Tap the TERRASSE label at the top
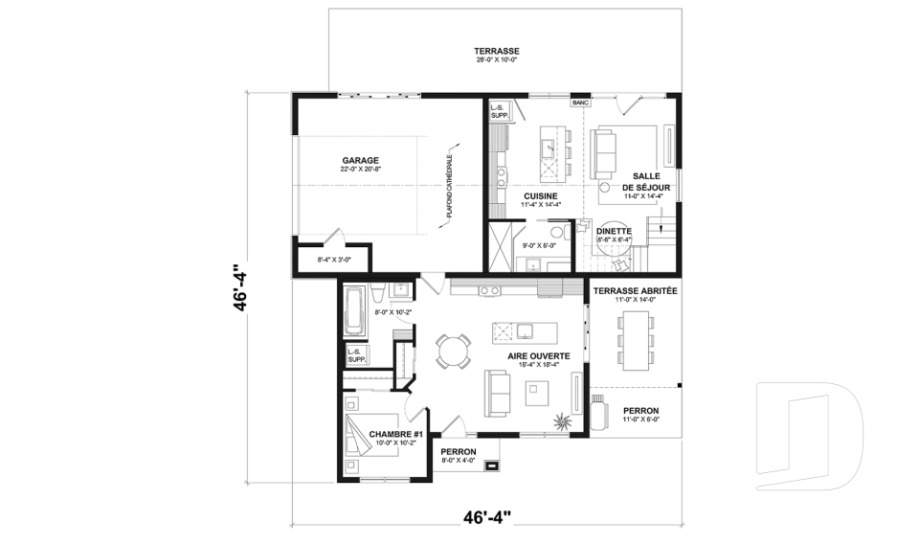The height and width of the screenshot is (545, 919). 496,50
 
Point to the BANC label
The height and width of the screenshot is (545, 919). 579,102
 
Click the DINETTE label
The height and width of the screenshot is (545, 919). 614,231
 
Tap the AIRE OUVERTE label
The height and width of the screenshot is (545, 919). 538,355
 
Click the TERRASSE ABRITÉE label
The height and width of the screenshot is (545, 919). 635,290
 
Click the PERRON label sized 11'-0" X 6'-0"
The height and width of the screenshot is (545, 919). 640,410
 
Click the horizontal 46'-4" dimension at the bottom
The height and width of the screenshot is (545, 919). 486,518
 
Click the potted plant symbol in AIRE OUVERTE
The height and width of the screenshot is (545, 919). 562,420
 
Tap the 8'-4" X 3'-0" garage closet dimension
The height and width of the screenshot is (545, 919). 315,260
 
